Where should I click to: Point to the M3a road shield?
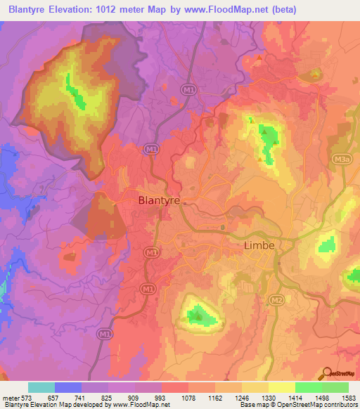pyautogui.click(x=342, y=160)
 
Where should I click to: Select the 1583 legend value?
pyautogui.click(x=349, y=397)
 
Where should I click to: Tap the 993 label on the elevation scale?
pyautogui.click(x=161, y=397)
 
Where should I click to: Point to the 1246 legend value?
pyautogui.click(x=241, y=397)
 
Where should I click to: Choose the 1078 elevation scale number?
pyautogui.click(x=188, y=397)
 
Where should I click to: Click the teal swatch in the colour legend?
pyautogui.click(x=41, y=387)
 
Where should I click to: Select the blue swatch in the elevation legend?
pyautogui.click(x=68, y=387)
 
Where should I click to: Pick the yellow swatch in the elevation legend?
pyautogui.click(x=281, y=387)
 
